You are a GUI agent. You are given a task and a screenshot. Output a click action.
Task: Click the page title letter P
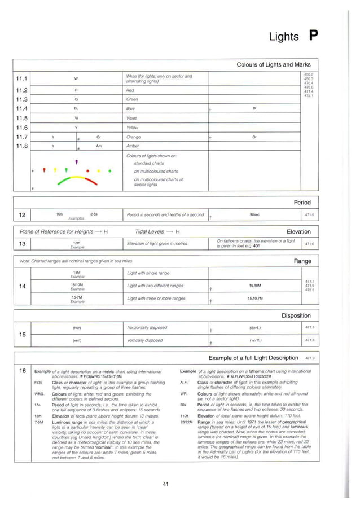click(x=313, y=36)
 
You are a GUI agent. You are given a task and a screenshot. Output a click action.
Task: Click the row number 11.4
click(x=23, y=108)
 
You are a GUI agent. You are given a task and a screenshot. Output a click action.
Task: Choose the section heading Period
click(x=302, y=202)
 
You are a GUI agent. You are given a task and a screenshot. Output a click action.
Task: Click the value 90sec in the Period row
click(x=254, y=214)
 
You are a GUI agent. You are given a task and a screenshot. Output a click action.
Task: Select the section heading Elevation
click(x=298, y=231)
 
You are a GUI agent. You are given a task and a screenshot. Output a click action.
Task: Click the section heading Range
click(x=302, y=261)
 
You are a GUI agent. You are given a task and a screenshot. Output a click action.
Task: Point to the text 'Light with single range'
click(x=148, y=273)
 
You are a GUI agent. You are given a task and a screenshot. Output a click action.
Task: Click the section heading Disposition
click(x=296, y=315)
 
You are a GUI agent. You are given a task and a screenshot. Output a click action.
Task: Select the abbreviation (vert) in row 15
click(x=77, y=340)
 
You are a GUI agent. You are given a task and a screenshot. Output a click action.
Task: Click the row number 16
click(x=23, y=371)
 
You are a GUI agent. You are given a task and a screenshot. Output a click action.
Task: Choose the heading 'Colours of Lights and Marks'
click(x=273, y=64)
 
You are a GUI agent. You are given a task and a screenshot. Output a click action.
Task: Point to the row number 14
click(x=23, y=286)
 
